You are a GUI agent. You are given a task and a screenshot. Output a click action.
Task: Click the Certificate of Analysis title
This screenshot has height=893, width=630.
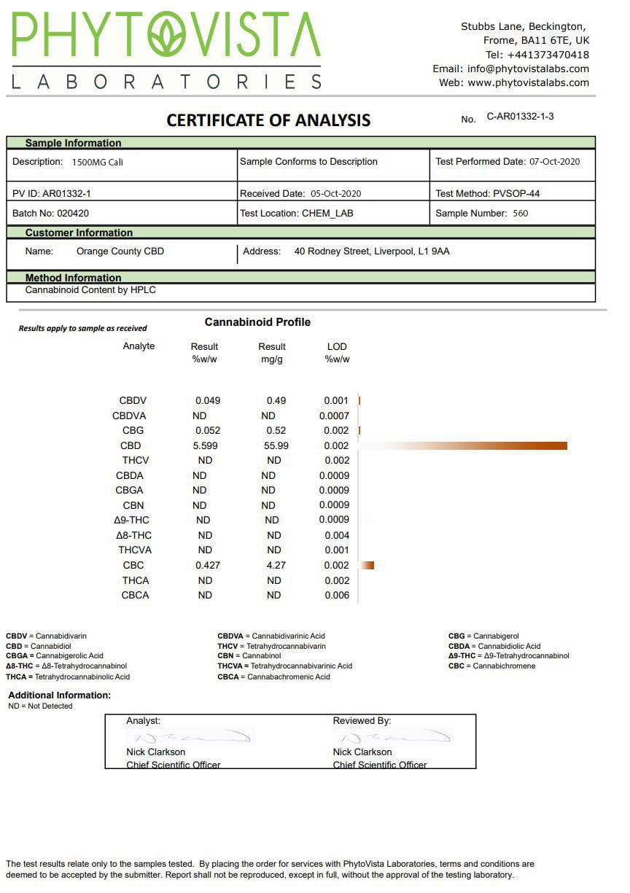pos(268,120)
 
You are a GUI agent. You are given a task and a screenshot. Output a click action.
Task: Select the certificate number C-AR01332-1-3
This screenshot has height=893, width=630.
pos(520,117)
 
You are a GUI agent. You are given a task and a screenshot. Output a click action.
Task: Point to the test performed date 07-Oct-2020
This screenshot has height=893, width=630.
pos(554,162)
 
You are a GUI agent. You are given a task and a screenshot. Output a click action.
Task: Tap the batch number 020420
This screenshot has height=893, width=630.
pos(73,214)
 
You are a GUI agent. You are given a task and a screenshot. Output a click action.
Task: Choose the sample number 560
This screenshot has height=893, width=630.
pos(520,214)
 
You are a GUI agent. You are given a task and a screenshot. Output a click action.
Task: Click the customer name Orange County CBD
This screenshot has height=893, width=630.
pos(120,251)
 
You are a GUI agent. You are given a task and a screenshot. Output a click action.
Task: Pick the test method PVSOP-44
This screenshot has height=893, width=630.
pos(516,194)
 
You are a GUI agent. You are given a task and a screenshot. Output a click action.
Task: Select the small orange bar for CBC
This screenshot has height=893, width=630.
pos(368,565)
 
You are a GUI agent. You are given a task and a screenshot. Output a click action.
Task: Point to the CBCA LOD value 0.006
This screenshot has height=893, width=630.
pos(337,595)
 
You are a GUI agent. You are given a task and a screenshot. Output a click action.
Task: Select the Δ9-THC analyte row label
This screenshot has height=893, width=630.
pos(133,520)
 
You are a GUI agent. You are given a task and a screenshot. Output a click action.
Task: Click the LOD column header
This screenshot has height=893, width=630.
pos(337,347)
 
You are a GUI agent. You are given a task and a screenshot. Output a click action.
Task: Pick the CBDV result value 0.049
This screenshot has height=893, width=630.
pos(208,401)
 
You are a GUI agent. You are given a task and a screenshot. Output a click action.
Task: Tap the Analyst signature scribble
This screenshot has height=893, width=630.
pos(190,737)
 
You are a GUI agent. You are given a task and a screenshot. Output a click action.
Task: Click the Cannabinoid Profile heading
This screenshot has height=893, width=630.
pos(257,322)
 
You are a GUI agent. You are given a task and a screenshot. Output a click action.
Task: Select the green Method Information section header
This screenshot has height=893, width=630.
pos(73,278)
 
